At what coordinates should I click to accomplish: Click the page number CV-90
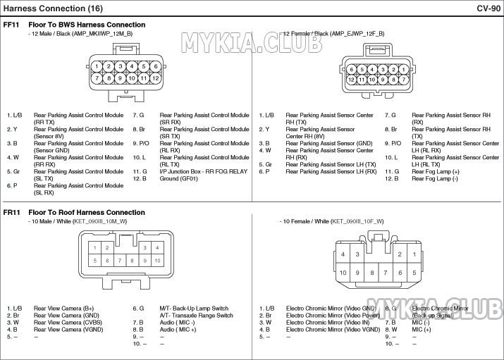488,8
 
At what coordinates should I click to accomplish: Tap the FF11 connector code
11,25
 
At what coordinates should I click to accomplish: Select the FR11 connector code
11,212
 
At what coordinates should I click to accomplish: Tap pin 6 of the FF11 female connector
351,69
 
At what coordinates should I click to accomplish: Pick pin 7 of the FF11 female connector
403,80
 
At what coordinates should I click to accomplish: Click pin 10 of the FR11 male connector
157,261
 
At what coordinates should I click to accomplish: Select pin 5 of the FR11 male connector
95,261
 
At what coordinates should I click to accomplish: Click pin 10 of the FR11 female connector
343,273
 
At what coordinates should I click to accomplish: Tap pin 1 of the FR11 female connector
415,254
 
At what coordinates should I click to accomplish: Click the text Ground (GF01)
179,178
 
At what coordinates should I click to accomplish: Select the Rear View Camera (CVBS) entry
68,322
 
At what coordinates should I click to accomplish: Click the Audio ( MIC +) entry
178,329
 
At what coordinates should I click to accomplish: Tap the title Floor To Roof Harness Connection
87,212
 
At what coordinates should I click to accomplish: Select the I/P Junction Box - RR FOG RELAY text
204,171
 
